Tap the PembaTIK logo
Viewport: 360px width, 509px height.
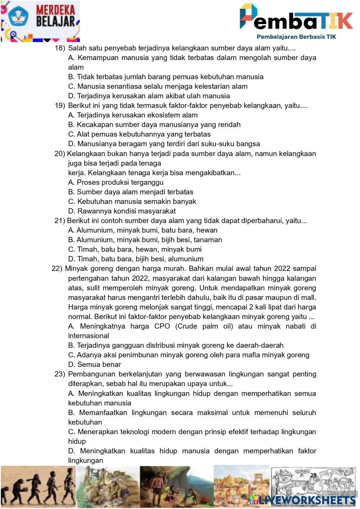[296, 17]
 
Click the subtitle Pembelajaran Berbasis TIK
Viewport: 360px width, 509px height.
[296, 36]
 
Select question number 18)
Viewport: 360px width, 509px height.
[60, 48]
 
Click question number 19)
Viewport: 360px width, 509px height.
[60, 105]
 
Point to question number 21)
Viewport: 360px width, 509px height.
[59, 221]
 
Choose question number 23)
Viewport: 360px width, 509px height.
[60, 374]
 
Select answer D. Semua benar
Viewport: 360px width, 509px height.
[94, 364]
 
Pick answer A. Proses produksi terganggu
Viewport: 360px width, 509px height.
[116, 182]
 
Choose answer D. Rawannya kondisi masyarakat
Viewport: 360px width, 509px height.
[122, 211]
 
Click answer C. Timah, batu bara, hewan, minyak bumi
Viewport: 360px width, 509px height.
[135, 249]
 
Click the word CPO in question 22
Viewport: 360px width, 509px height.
[162, 326]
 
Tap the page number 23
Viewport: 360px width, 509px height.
[313, 475]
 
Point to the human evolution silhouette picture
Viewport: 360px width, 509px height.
[37, 486]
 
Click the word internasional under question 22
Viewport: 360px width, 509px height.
[89, 335]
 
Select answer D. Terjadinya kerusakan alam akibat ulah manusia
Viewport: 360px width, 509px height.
[149, 96]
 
